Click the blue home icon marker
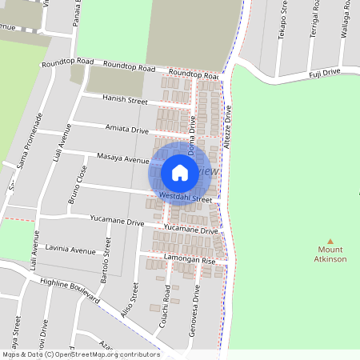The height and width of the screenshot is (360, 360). pyautogui.click(x=180, y=172)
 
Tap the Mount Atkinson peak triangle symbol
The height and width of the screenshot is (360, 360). pyautogui.click(x=330, y=241)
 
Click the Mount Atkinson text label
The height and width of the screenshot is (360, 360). pyautogui.click(x=330, y=254)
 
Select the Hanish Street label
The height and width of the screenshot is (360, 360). pyautogui.click(x=126, y=100)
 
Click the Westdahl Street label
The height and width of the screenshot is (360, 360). pyautogui.click(x=185, y=197)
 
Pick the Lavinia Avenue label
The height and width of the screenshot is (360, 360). pyautogui.click(x=70, y=250)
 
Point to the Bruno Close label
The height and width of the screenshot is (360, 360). pyautogui.click(x=77, y=185)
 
